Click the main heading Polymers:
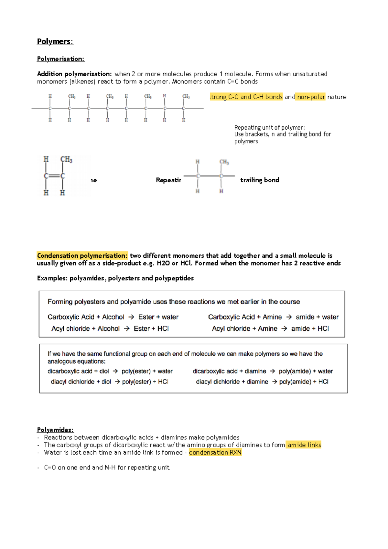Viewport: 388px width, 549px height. tap(55, 42)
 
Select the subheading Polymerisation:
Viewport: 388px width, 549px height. tap(60, 59)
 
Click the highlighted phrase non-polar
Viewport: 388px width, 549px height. tap(311, 97)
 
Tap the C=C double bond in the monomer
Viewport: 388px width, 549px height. tap(54, 176)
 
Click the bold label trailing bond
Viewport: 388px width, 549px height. tap(260, 180)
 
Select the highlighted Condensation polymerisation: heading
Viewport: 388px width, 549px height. tap(82, 256)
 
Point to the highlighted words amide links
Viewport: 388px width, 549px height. tap(304, 445)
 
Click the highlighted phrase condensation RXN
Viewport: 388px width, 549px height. tap(215, 453)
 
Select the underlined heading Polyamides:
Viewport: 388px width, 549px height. tap(55, 430)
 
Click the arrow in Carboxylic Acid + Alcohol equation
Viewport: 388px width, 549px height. tap(131, 317)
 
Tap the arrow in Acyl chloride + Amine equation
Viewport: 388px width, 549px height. tap(284, 329)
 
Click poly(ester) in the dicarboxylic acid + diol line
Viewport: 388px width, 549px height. tap(136, 371)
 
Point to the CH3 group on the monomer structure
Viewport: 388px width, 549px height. tap(66, 159)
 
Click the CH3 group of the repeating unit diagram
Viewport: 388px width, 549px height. tap(224, 162)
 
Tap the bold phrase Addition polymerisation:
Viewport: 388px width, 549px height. tap(74, 74)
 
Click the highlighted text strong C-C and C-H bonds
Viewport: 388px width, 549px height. tap(246, 97)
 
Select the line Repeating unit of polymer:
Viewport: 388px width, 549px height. tap(269, 128)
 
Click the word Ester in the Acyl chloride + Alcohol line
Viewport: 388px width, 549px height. tap(142, 329)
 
